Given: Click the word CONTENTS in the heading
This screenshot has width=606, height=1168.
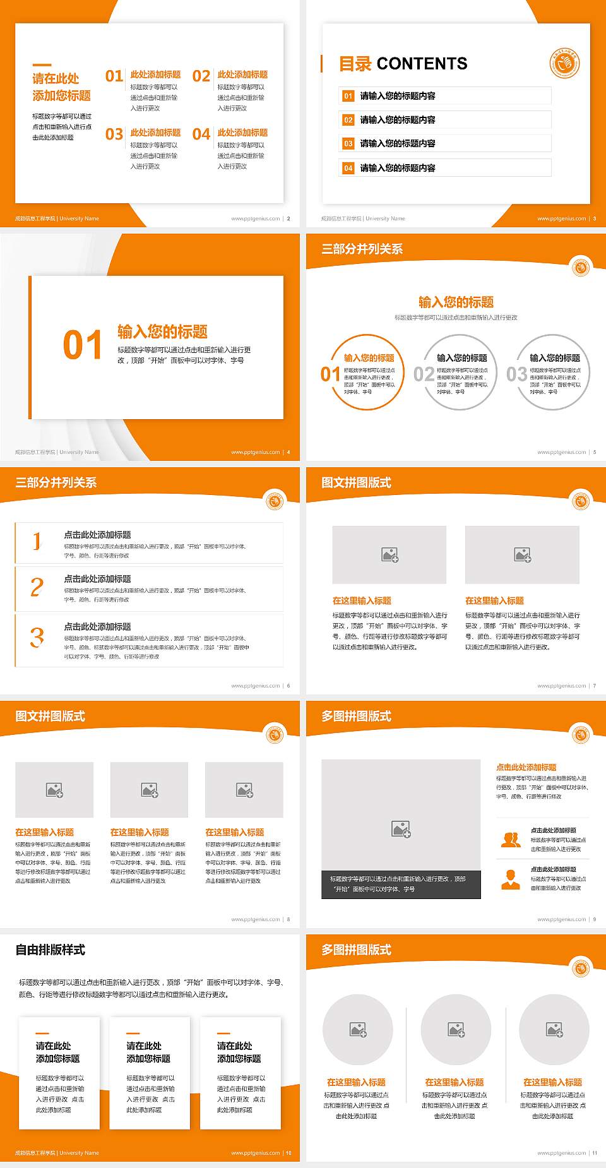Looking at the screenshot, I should (422, 64).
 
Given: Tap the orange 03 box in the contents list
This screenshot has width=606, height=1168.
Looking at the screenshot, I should (348, 144).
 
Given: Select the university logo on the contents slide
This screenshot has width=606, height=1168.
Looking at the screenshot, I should (564, 64).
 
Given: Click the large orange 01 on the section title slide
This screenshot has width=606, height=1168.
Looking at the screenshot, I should (82, 345).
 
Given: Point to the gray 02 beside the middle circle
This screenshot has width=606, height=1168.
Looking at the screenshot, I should (424, 374).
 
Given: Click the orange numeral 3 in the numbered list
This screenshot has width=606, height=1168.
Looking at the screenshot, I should (37, 637).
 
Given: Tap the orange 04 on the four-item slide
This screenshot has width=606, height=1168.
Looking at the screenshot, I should (201, 134).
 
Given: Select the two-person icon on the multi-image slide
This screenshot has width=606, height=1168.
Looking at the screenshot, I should (511, 839).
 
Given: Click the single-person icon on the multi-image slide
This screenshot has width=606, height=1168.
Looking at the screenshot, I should (510, 879).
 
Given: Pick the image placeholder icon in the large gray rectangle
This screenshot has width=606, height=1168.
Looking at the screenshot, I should (401, 829).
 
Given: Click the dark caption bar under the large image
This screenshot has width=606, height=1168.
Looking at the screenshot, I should (401, 884).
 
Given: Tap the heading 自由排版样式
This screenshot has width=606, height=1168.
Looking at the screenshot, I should (50, 950).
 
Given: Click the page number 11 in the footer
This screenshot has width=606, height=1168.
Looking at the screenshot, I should (595, 1153).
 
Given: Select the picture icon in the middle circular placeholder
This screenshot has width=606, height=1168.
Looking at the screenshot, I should (456, 1030).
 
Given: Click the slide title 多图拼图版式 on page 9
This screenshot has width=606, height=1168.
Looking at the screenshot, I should (357, 716).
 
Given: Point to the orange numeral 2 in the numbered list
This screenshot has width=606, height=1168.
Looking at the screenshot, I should (37, 587).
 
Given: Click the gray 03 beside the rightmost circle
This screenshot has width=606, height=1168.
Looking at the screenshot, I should (516, 374).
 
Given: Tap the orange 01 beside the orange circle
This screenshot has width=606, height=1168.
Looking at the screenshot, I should (330, 374).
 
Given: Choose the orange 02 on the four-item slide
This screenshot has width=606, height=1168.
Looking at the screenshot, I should (201, 76).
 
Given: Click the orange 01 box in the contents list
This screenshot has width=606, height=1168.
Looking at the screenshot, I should (348, 96).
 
